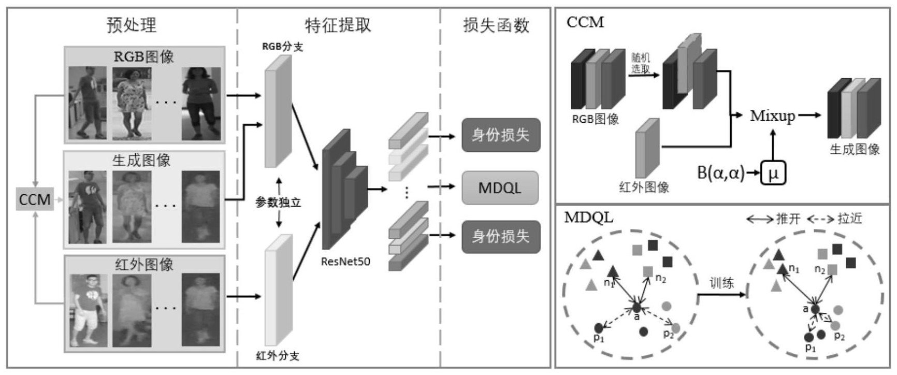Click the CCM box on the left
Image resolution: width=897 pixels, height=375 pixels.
[35, 199]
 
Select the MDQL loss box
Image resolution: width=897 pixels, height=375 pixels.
[500, 187]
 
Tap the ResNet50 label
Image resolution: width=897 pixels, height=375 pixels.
[345, 262]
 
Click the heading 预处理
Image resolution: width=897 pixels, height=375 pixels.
[132, 25]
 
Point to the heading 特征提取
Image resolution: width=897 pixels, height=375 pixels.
[338, 25]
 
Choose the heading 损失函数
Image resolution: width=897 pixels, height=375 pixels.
[496, 25]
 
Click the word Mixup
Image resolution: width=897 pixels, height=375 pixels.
[772, 116]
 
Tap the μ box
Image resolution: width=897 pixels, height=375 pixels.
[773, 173]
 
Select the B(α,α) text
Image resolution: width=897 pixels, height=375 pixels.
[720, 173]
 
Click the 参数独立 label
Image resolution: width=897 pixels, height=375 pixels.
[279, 203]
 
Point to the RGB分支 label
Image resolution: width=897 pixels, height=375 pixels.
[282, 47]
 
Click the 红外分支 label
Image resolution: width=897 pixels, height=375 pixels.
[278, 356]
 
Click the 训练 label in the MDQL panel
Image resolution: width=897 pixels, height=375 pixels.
[721, 283]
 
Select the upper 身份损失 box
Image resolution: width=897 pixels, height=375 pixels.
[500, 135]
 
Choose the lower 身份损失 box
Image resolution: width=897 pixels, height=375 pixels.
[500, 236]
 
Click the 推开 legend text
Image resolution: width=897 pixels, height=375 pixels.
[788, 219]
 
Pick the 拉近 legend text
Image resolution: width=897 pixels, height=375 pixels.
[849, 219]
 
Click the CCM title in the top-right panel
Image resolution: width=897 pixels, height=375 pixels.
[585, 22]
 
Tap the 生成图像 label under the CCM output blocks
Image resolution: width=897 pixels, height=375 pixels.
[855, 149]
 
